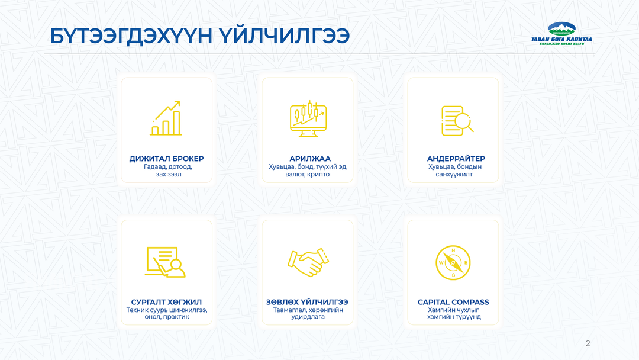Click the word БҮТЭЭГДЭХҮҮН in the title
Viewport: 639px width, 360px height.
[131, 36]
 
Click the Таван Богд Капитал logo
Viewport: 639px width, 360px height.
[561, 33]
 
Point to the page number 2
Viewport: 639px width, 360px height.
[588, 343]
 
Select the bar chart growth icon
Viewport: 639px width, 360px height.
[166, 118]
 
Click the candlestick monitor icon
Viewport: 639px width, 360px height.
[308, 118]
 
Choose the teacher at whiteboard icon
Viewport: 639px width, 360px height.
[165, 262]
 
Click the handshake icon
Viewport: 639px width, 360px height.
[308, 262]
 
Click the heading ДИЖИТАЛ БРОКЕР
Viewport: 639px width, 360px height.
[166, 159]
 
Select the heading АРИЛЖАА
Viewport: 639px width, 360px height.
[309, 159]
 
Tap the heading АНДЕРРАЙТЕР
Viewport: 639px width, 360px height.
[456, 159]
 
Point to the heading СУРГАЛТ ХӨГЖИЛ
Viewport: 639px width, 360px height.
[166, 302]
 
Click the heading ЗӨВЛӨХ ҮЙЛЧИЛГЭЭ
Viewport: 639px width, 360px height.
[307, 302]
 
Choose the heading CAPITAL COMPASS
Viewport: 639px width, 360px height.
[453, 302]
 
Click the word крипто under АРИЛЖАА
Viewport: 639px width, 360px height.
[318, 175]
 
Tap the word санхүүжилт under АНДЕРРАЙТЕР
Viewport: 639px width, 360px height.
[454, 175]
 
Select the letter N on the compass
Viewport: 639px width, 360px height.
[453, 250]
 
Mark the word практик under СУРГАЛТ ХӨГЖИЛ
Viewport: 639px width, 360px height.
[176, 317]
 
